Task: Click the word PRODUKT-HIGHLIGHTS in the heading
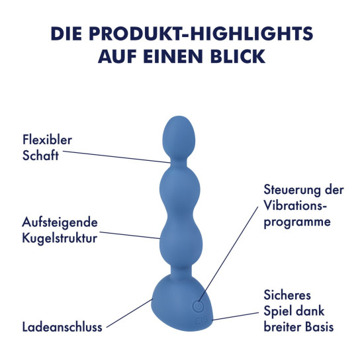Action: (201, 34)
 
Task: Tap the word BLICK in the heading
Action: (238, 56)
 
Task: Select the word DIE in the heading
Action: (66, 34)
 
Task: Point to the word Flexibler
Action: (47, 140)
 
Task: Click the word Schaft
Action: (40, 156)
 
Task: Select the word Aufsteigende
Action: (60, 222)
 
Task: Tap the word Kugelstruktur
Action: (60, 238)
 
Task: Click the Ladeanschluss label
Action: (62, 327)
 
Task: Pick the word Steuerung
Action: (291, 190)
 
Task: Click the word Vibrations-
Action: (294, 205)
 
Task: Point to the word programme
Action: (297, 222)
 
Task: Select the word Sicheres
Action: (287, 295)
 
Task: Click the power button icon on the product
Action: (199, 306)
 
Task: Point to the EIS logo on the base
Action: (201, 321)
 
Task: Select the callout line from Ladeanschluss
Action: (130, 313)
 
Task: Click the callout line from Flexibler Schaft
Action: (116, 157)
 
